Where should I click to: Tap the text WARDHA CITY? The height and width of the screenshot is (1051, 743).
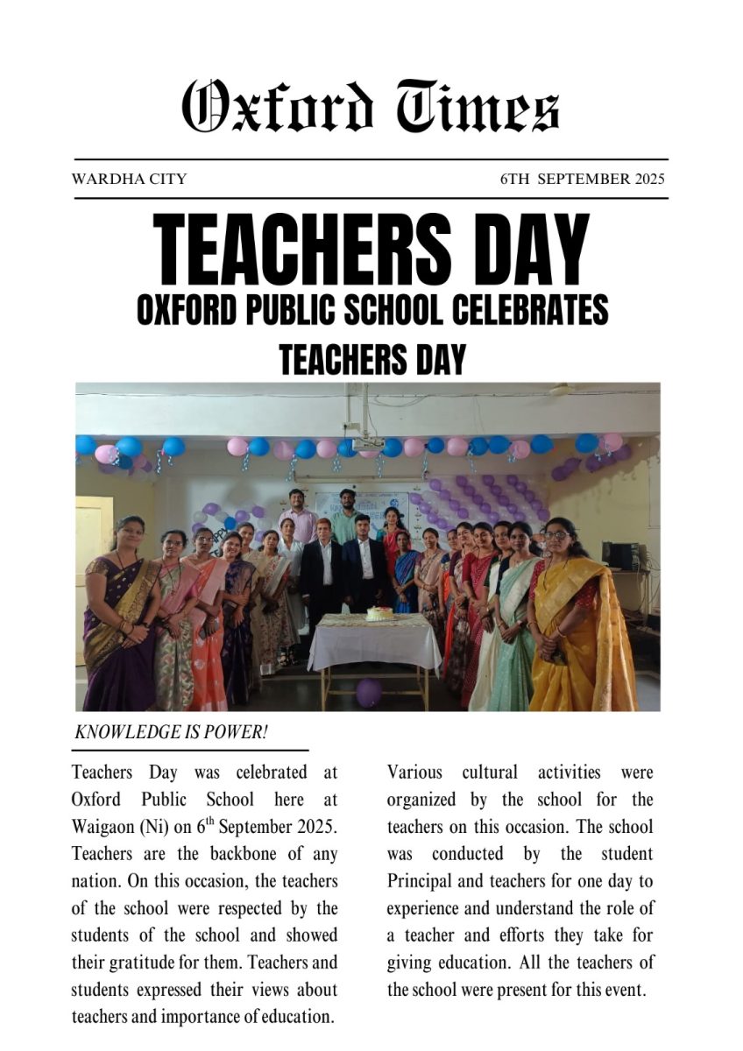point(129,180)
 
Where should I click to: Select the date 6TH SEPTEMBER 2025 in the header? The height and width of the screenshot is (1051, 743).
point(583,180)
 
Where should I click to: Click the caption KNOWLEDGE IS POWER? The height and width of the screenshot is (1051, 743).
point(171,733)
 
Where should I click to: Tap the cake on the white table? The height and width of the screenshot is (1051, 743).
point(379,613)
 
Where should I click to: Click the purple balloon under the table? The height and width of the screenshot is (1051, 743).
point(369,692)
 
